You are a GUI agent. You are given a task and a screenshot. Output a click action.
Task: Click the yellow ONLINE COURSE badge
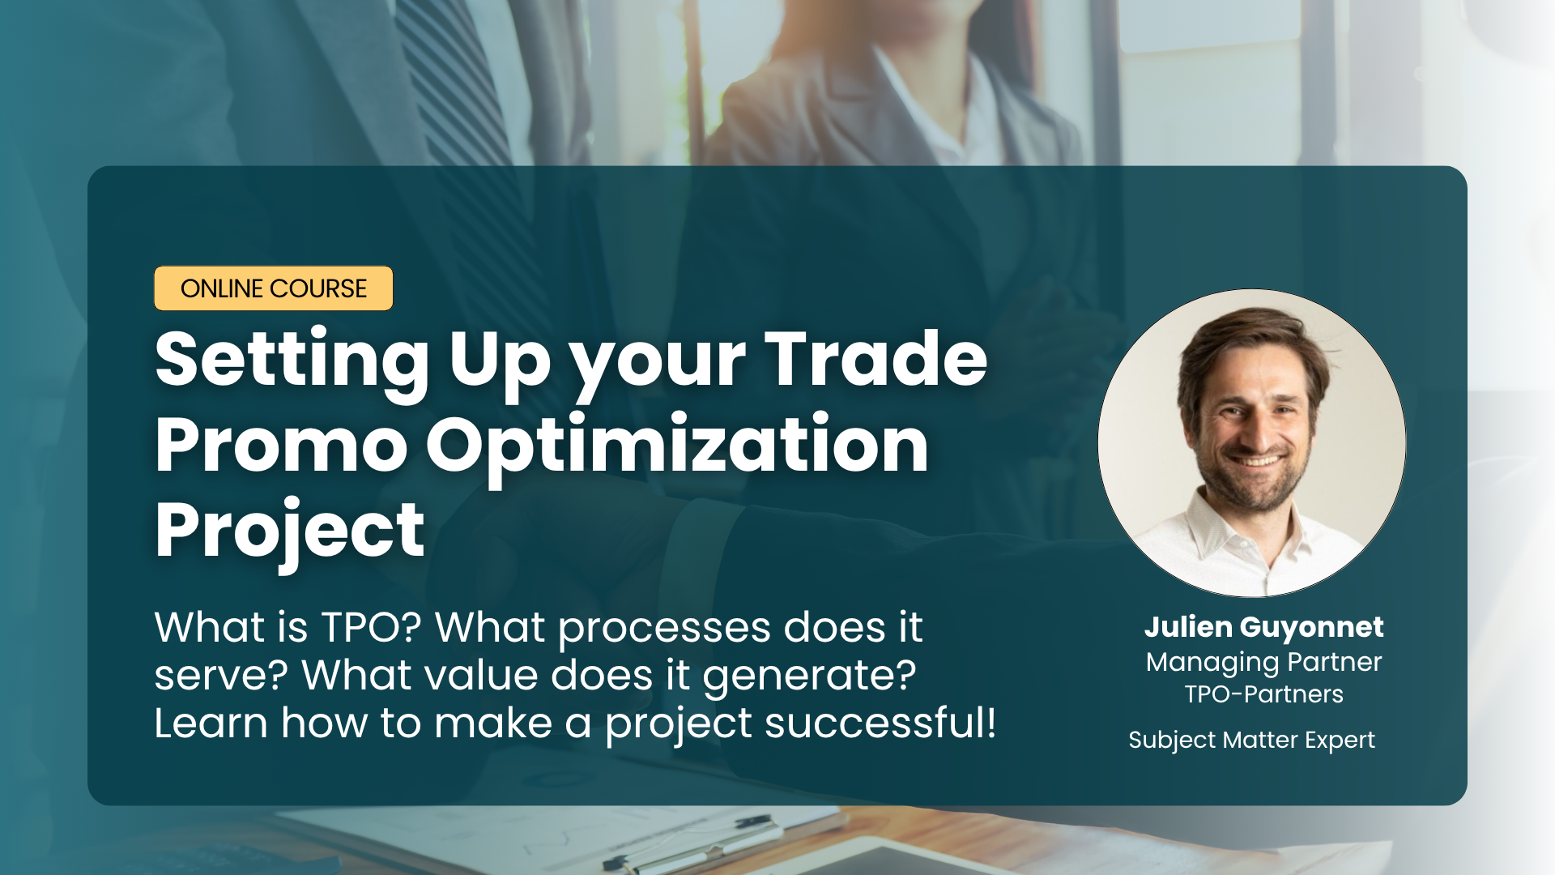tap(274, 288)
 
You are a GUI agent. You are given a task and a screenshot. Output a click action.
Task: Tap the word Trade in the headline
tap(876, 358)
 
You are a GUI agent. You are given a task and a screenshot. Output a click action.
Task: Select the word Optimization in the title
tap(677, 447)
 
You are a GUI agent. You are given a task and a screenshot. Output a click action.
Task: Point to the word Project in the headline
tap(289, 533)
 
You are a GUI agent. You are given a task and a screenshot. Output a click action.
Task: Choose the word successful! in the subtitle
tap(880, 723)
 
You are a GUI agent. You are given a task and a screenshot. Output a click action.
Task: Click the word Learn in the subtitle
tap(211, 723)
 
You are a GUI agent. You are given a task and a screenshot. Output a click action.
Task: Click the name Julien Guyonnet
tap(1263, 627)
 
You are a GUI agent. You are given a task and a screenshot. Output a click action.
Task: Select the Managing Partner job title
tap(1263, 663)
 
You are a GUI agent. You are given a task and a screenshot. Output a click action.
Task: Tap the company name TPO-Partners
tap(1263, 694)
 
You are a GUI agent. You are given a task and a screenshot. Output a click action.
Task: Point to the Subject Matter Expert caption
tap(1251, 740)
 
